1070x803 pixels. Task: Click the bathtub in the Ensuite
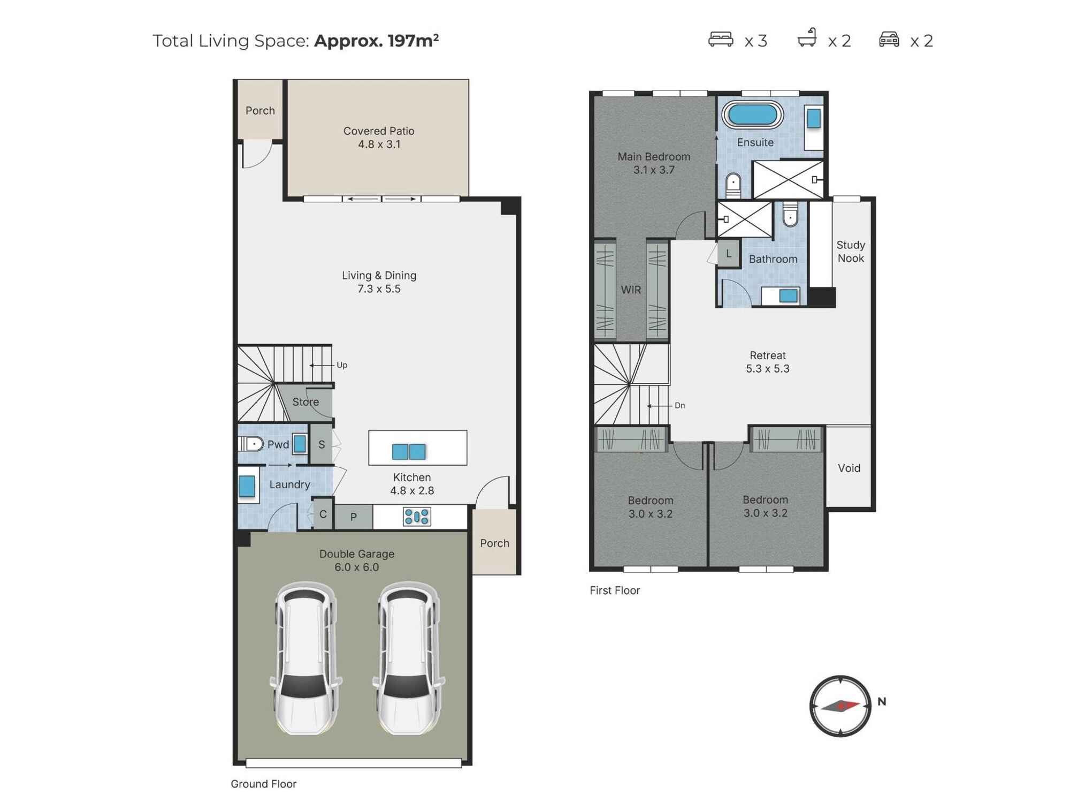coord(752,115)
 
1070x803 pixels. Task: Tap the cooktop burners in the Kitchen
coord(417,517)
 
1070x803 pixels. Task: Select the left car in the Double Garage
coord(307,658)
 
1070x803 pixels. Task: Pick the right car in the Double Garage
coord(409,658)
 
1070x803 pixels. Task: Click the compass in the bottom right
coord(840,706)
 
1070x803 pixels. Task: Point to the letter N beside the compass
coord(882,701)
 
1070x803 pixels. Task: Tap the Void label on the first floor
coord(849,468)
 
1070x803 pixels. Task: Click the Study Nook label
coord(851,252)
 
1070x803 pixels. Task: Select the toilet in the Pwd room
coord(251,444)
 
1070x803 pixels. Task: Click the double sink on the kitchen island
coord(409,452)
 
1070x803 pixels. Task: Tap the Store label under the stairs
coord(305,402)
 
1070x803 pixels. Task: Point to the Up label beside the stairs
coord(342,365)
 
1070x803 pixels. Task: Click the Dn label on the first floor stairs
coord(679,406)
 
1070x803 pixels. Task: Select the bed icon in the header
coord(721,39)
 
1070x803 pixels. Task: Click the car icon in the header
coord(889,39)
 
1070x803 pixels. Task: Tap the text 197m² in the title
coord(413,41)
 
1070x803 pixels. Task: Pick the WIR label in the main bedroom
coord(631,290)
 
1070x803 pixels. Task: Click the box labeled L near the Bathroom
coord(729,253)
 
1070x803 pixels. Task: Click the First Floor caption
coord(615,590)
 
